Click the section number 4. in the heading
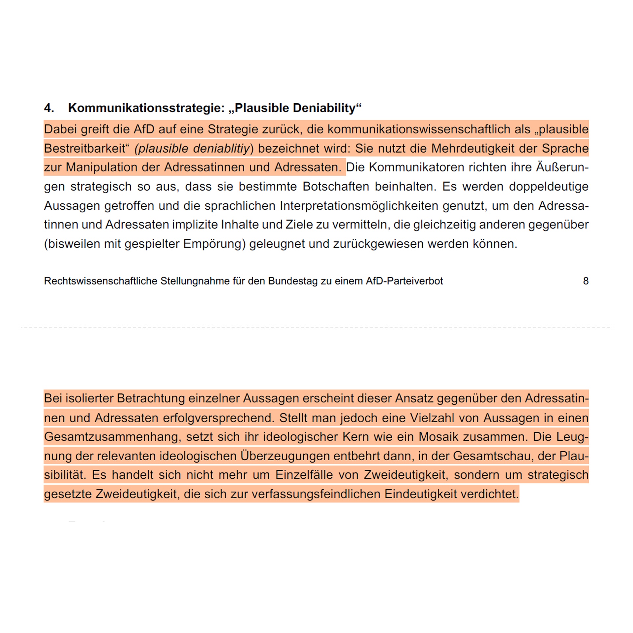click(x=49, y=108)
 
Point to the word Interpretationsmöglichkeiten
click(x=359, y=206)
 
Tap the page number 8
click(x=586, y=281)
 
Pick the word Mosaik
click(x=438, y=437)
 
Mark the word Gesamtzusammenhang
click(x=112, y=437)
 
